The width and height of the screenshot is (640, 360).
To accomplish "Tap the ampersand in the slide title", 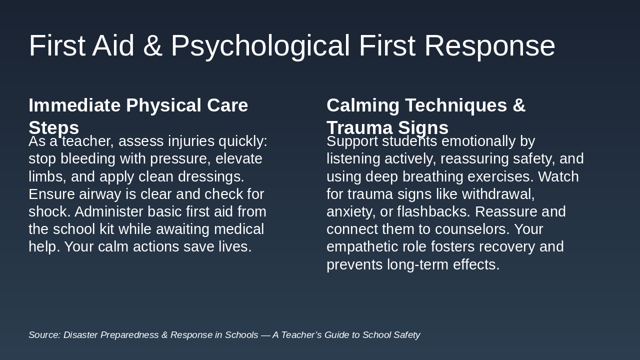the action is click(152, 45).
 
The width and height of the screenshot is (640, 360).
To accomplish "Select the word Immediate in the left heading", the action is click(74, 105).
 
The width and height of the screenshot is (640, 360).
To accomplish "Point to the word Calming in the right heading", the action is click(363, 106).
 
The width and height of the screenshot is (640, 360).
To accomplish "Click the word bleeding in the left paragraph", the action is click(88, 159).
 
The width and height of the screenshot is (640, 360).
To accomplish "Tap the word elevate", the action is click(238, 159).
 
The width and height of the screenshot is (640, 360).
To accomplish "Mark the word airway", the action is click(100, 195).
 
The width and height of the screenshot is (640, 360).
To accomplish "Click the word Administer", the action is click(109, 211).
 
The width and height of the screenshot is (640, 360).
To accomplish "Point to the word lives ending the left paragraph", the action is click(235, 246).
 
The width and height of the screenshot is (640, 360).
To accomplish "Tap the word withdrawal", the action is click(498, 194).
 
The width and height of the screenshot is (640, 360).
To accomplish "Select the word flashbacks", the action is click(433, 211).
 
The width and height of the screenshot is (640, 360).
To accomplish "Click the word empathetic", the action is click(362, 247).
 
